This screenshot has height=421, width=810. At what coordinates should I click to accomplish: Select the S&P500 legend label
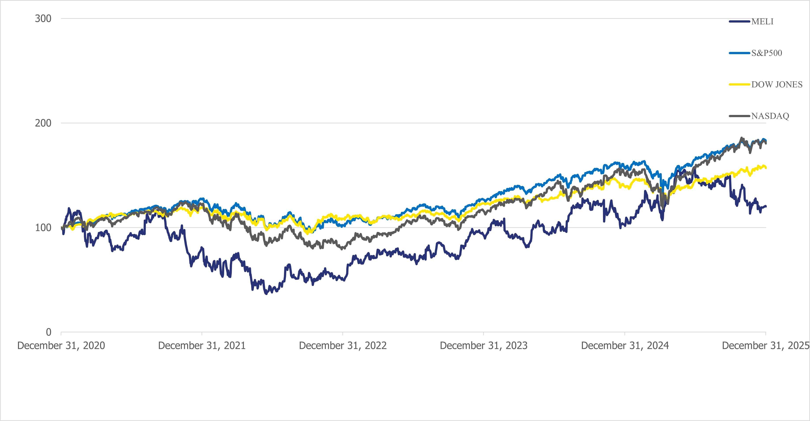767,53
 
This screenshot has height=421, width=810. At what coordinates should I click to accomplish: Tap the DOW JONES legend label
777,85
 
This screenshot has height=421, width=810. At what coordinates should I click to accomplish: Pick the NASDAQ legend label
770,116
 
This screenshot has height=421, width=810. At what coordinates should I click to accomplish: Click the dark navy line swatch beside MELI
739,21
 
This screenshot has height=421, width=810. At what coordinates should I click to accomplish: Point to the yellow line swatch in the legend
739,84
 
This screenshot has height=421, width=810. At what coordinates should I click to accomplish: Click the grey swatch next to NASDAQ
739,116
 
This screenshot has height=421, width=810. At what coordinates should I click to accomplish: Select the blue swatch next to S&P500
739,53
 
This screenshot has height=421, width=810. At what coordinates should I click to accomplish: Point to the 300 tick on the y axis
43,19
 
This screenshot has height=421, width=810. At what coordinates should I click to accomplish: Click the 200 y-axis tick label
43,123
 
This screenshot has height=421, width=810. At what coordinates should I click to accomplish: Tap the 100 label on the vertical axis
43,228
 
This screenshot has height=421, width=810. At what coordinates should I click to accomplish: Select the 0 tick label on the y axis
48,332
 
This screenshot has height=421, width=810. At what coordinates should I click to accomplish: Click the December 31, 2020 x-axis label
61,346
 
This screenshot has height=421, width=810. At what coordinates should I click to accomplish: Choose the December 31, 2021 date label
202,346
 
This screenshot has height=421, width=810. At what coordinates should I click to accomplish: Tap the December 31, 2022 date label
343,346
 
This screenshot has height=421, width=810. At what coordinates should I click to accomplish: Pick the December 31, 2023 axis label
484,346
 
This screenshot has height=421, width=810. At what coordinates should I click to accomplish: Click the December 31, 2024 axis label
625,346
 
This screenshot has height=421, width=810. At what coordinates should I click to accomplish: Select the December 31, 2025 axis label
765,346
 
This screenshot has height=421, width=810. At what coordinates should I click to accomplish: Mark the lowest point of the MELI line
266,294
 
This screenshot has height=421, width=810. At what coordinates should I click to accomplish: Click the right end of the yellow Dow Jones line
766,168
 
